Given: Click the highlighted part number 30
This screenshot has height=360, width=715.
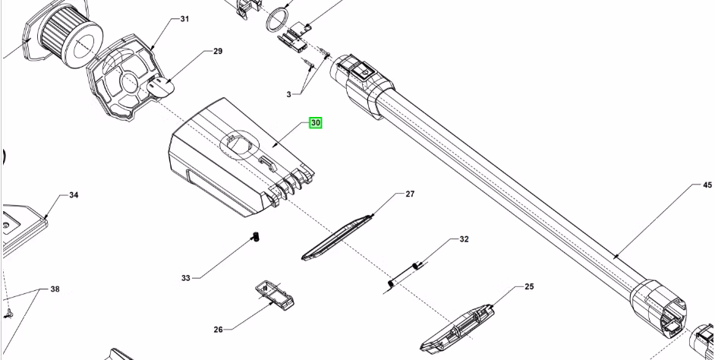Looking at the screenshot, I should [x=315, y=122].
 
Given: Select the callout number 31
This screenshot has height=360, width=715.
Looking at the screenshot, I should [x=184, y=18].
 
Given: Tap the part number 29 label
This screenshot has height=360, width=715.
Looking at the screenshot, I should [x=217, y=51].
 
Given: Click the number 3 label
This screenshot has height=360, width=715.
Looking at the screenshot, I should [x=288, y=94].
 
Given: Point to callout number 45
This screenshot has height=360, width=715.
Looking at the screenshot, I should [x=707, y=185].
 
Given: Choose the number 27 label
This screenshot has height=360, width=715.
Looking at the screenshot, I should [x=410, y=194].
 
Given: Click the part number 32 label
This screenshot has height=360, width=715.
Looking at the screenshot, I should [x=464, y=239].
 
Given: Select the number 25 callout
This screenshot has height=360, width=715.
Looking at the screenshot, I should [x=529, y=286].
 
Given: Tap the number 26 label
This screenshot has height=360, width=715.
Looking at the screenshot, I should [x=218, y=330].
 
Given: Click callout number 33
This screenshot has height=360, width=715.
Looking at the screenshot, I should [x=185, y=278].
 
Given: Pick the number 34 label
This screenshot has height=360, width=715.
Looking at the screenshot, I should [x=74, y=195].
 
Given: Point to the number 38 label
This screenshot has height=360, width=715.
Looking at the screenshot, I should [x=55, y=289].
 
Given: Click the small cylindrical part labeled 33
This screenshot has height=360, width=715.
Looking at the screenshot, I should [x=257, y=238].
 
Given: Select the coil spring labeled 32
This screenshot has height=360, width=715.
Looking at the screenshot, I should [x=404, y=274].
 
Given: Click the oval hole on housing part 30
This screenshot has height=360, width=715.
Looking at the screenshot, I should [x=239, y=143].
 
